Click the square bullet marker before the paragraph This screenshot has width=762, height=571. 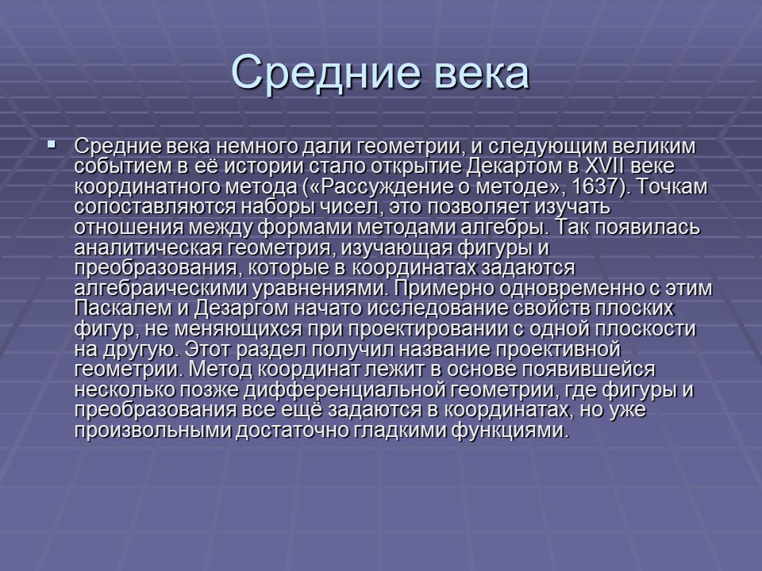[x=52, y=145]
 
